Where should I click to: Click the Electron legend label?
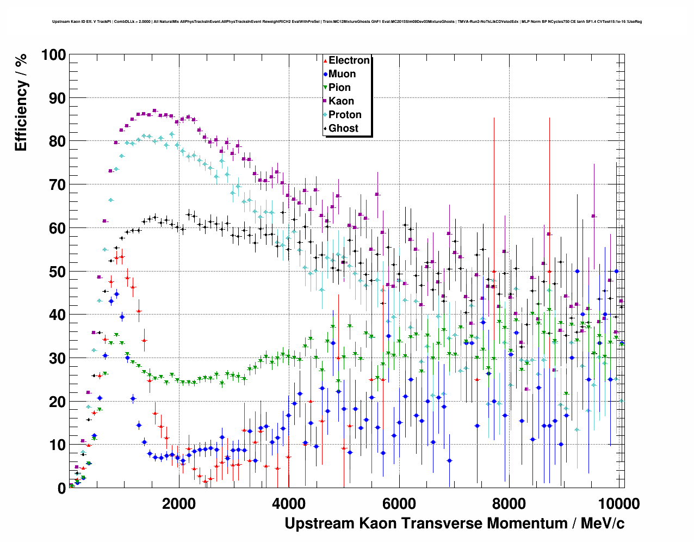pyautogui.click(x=349, y=60)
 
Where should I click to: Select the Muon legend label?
pyautogui.click(x=342, y=74)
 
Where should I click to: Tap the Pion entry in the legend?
pyautogui.click(x=339, y=88)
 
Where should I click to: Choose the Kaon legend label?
pyautogui.click(x=341, y=101)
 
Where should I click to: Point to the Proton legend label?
pyautogui.click(x=345, y=115)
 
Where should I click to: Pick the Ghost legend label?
pyautogui.click(x=343, y=128)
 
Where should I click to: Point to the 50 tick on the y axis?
pyautogui.click(x=57, y=272)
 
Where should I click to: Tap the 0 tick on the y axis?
pyautogui.click(x=61, y=488)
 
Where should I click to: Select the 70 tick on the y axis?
pyautogui.click(x=57, y=185)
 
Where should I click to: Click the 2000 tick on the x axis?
pyautogui.click(x=179, y=503)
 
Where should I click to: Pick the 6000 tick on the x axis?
pyautogui.click(x=399, y=503)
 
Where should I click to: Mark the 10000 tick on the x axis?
pyautogui.click(x=618, y=503)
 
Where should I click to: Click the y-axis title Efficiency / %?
pyautogui.click(x=21, y=102)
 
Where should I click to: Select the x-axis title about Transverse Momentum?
pyautogui.click(x=454, y=523)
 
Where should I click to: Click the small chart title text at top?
pyautogui.click(x=347, y=22)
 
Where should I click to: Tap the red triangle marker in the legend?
pyautogui.click(x=325, y=60)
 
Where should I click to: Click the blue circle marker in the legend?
pyautogui.click(x=325, y=74)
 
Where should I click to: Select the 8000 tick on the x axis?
pyautogui.click(x=509, y=503)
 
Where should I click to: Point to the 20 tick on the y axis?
pyautogui.click(x=57, y=402)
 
